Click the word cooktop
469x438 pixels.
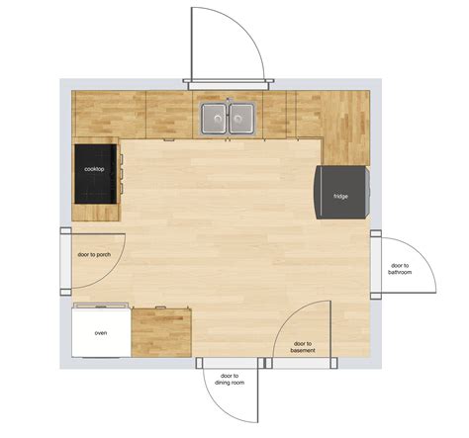click(94, 169)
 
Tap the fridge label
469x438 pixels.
click(340, 197)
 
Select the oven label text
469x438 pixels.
click(101, 333)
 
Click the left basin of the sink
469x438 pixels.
click(214, 118)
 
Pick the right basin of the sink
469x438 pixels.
click(241, 118)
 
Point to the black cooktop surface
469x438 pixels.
click(96, 174)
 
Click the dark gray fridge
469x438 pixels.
click(342, 192)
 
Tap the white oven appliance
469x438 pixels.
click(101, 330)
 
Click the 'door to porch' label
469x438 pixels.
click(94, 255)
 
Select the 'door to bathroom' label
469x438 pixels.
click(400, 269)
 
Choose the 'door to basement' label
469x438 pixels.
click(303, 347)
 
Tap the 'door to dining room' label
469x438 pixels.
click(230, 380)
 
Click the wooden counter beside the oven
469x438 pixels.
click(161, 332)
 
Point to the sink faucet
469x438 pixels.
click(228, 101)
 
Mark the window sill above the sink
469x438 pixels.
click(229, 84)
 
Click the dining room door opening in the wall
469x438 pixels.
click(231, 363)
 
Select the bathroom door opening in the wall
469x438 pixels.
click(376, 265)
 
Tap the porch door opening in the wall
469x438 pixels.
click(65, 261)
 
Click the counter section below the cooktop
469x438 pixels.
click(96, 213)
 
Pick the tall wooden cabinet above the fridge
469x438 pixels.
click(345, 128)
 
